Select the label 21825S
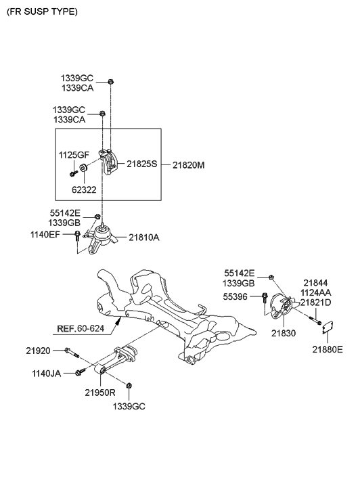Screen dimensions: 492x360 click(141, 164)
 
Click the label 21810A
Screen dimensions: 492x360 click(143, 238)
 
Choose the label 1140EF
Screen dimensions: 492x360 click(45, 234)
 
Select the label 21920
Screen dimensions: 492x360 click(39, 351)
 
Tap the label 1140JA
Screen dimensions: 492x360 click(46, 373)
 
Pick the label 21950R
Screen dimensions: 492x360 click(100, 393)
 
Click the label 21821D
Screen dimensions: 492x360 click(317, 303)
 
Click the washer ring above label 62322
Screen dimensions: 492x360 click(82, 168)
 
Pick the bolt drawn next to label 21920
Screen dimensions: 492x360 click(72, 352)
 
